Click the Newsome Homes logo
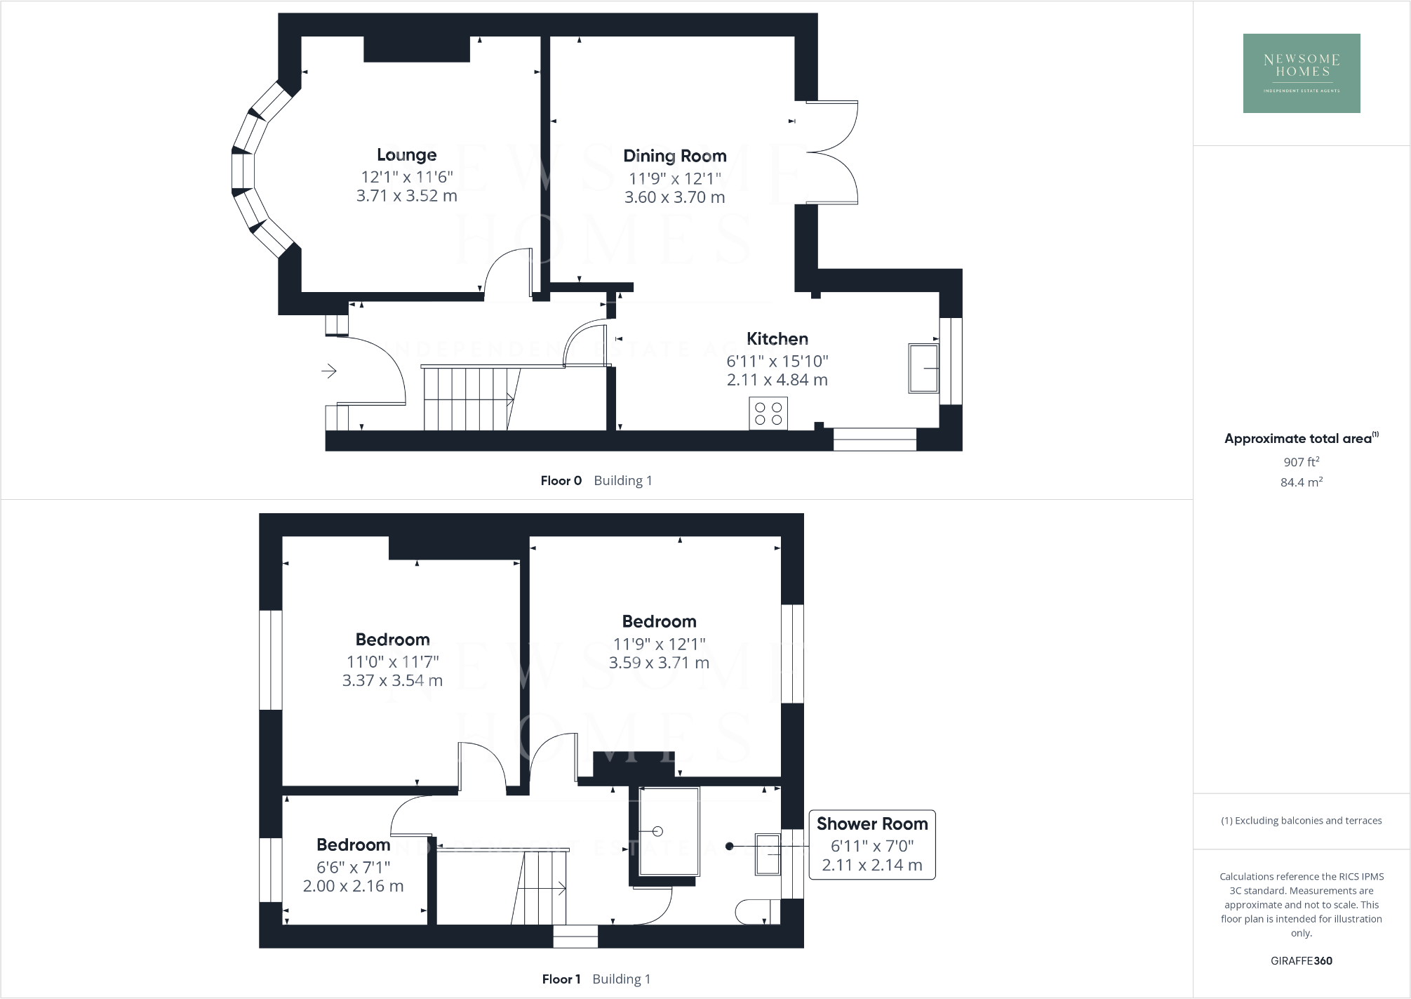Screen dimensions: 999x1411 coord(1302,73)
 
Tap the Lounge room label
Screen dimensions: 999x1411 coord(406,154)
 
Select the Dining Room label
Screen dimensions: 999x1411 coord(674,156)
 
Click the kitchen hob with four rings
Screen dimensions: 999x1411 coord(768,414)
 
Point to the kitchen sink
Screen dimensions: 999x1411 coord(923,368)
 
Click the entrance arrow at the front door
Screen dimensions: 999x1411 coord(329,371)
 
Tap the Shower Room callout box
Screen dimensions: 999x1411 coord(871,845)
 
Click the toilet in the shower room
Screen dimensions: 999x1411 coord(756,912)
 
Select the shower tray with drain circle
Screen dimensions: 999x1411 coord(669,831)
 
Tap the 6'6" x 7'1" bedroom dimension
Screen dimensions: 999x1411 coord(353,867)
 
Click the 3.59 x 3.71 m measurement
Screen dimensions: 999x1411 coord(659,663)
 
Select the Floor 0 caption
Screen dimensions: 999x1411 coord(561,481)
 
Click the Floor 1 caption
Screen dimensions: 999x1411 coord(561,979)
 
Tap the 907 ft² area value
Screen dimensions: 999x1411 coord(1301,462)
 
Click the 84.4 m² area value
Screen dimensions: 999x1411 coord(1301,482)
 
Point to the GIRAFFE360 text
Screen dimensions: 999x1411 coord(1301,961)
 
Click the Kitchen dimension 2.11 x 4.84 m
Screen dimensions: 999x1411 coord(777,380)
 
